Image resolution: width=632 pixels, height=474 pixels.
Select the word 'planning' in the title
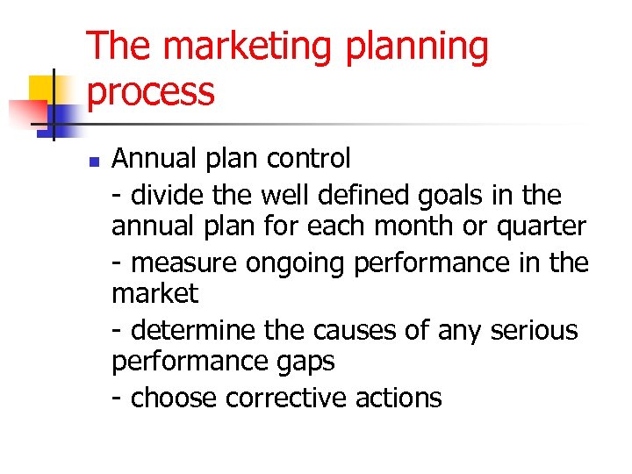coord(416,47)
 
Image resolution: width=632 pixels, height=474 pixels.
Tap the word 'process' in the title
coord(151,91)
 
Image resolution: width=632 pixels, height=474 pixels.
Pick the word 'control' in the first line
coord(303,158)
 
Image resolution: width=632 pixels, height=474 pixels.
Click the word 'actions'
coord(399,398)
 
